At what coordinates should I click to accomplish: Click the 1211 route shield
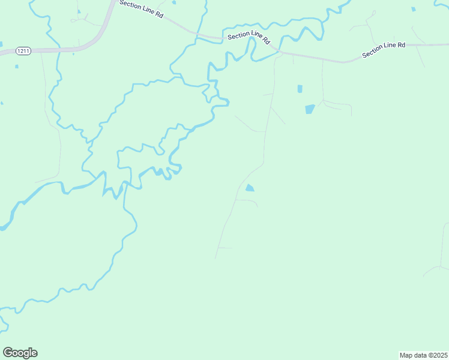(x=23, y=51)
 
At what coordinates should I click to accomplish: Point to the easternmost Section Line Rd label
(x=384, y=50)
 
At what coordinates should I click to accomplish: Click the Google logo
(x=20, y=353)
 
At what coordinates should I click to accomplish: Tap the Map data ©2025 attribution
(x=423, y=355)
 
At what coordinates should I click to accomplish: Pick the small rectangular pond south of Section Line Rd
(x=300, y=89)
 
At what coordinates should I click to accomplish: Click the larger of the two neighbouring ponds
(x=310, y=109)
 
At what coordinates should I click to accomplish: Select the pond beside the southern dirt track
(x=249, y=188)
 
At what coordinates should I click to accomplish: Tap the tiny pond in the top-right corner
(x=413, y=9)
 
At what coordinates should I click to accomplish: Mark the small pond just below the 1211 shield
(x=16, y=64)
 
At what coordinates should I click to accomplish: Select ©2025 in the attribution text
(x=436, y=355)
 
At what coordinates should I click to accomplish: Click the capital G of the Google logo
(x=7, y=353)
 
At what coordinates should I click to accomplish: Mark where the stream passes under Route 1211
(x=58, y=49)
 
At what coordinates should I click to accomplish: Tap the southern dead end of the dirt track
(x=215, y=259)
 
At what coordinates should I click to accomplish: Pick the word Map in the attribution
(x=406, y=355)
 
